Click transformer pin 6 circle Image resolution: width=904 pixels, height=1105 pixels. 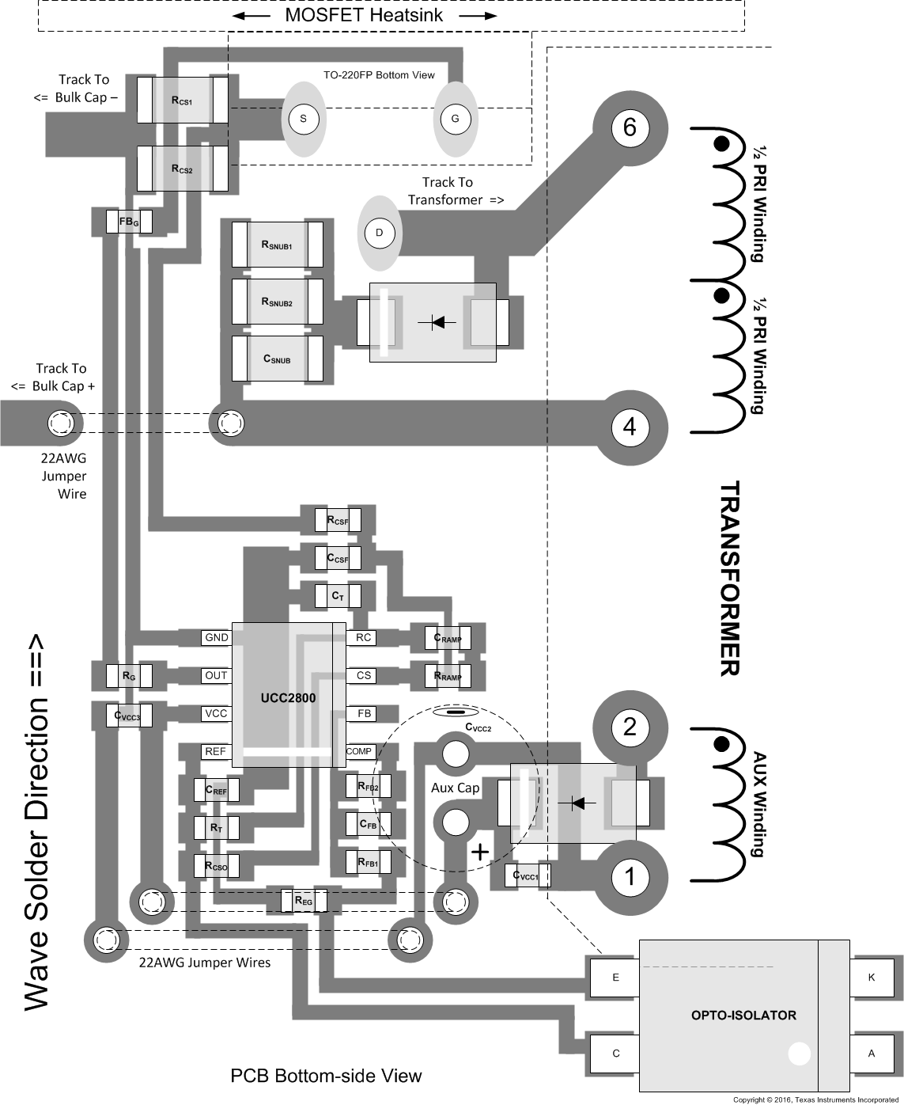point(630,127)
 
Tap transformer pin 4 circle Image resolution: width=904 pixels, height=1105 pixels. point(630,427)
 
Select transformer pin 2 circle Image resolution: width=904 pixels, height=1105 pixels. point(630,727)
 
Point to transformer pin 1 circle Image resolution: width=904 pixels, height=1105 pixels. point(630,877)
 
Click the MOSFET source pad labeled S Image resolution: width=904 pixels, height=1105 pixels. point(303,119)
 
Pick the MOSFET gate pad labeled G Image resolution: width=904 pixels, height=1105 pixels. point(455,119)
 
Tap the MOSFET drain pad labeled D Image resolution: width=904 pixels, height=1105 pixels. point(379,233)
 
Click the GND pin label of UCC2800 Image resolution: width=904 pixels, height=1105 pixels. point(216,638)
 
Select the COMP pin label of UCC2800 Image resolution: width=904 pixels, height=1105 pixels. point(359,751)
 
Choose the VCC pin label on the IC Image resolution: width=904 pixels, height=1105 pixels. point(216,714)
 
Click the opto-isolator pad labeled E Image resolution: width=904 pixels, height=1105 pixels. point(615,978)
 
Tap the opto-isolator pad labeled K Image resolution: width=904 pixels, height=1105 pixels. point(872,978)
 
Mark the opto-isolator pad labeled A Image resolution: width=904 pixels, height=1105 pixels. point(872,1054)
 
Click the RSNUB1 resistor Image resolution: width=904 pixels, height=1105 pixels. point(278,245)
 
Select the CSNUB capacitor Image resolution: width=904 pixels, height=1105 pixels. point(278,359)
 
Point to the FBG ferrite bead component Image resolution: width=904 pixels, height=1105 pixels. point(129,222)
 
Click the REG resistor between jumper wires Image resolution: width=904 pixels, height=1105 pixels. point(303,901)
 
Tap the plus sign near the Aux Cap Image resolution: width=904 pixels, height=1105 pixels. point(479,852)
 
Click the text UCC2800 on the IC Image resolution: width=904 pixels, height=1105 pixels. point(288,698)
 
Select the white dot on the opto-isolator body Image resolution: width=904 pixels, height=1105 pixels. point(799,1053)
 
